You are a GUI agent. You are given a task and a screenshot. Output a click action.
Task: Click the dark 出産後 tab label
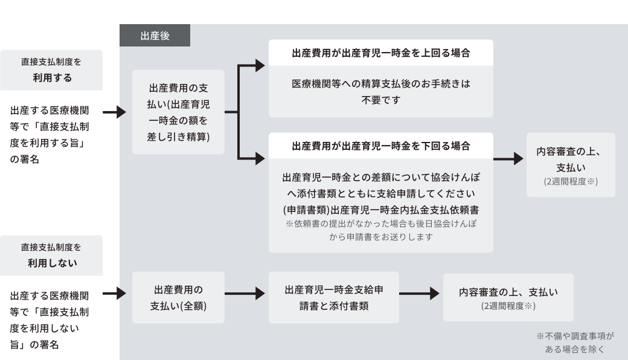point(155,36)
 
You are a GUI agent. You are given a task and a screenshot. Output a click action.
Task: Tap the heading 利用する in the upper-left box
point(51,77)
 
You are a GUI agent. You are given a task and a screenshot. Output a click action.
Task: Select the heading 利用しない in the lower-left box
point(51,263)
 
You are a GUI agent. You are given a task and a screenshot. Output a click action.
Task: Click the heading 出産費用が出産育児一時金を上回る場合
point(381,53)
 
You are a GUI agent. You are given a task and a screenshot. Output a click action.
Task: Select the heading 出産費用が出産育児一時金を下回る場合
point(381,146)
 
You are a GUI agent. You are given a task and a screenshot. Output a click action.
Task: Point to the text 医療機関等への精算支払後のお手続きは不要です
point(381,91)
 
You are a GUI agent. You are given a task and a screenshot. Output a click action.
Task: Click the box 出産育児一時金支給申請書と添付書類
point(334,298)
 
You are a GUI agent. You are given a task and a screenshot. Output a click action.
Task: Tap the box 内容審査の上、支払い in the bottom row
point(508,297)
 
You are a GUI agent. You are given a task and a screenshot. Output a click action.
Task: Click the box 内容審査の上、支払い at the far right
point(571,165)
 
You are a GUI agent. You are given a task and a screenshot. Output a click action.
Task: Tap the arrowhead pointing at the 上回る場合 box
point(260,66)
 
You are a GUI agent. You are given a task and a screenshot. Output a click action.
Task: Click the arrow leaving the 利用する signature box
point(115,112)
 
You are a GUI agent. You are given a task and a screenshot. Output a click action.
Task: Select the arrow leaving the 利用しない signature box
point(115,294)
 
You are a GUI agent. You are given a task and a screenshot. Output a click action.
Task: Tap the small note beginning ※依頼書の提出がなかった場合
point(381,230)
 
